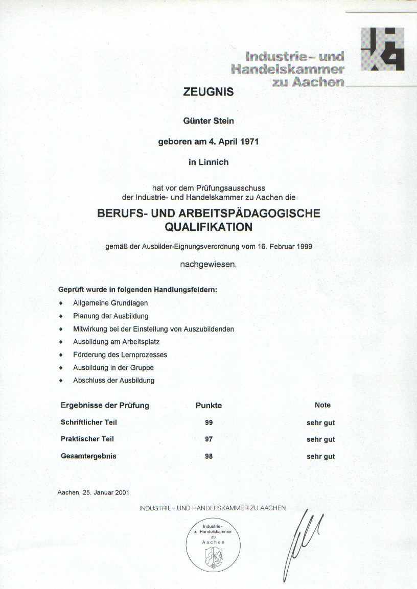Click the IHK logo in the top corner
382,50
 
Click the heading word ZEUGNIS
208,92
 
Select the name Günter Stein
208,121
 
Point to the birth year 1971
247,142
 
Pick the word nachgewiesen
208,265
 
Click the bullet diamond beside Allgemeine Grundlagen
61,303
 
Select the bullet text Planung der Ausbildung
110,316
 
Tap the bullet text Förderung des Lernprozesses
120,355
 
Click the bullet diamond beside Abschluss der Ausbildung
61,381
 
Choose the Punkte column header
208,406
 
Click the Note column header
322,405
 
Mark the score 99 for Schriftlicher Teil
208,422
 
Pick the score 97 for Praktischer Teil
208,439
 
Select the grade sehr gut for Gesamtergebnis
321,456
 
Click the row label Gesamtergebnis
88,456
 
